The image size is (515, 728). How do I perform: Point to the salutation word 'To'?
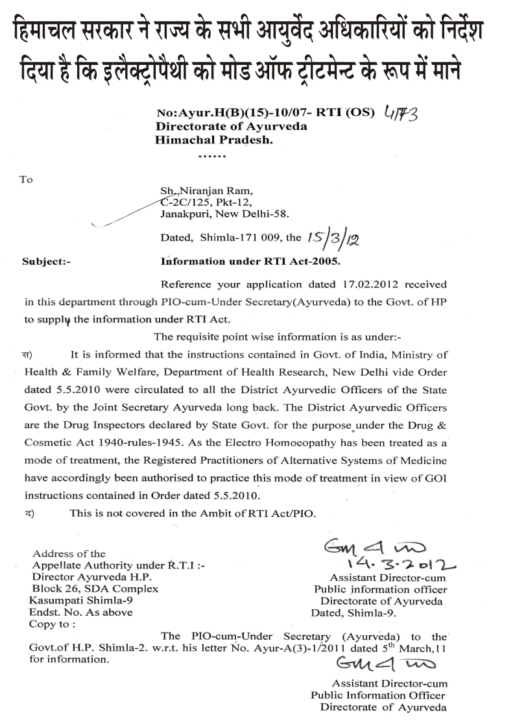point(27,179)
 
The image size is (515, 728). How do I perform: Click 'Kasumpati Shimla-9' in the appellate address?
point(76,600)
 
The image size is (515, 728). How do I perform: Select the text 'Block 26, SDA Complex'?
point(95,588)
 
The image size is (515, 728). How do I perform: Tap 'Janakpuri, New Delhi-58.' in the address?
point(224,213)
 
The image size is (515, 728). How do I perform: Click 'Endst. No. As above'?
point(81,612)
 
